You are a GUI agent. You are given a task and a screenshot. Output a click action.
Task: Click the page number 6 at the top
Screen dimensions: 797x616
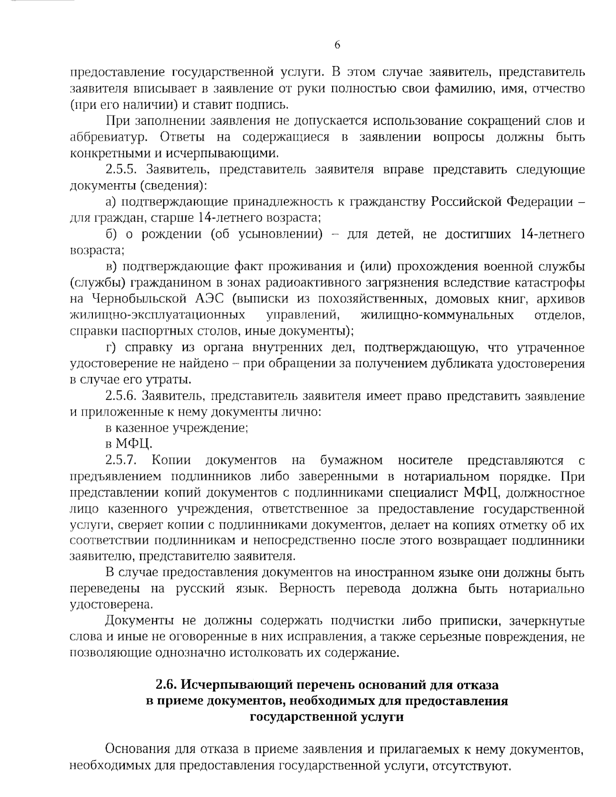337,45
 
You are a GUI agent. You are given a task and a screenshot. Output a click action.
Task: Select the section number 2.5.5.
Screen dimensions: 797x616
123,169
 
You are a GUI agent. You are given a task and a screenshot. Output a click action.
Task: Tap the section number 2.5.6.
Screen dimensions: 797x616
123,396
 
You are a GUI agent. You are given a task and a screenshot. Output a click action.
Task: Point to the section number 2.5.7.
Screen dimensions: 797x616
123,460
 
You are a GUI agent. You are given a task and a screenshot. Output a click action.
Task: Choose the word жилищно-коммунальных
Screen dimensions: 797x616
437,315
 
